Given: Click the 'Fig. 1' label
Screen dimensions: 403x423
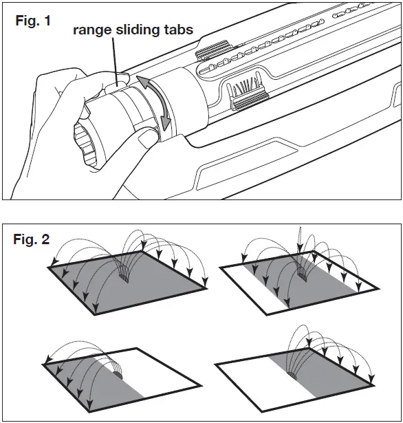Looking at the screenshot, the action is tap(33, 21).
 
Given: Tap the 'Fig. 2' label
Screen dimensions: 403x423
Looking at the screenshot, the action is tap(31, 239).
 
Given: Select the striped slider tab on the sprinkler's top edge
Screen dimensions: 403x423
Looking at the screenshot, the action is tap(213, 50).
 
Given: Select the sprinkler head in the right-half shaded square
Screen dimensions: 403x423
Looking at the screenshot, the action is tap(292, 376).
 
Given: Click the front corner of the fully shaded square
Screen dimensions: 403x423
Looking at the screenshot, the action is tap(95, 314).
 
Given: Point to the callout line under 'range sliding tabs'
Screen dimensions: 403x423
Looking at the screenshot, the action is tap(115, 62).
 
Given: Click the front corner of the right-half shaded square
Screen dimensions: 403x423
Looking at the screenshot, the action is tap(261, 412).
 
